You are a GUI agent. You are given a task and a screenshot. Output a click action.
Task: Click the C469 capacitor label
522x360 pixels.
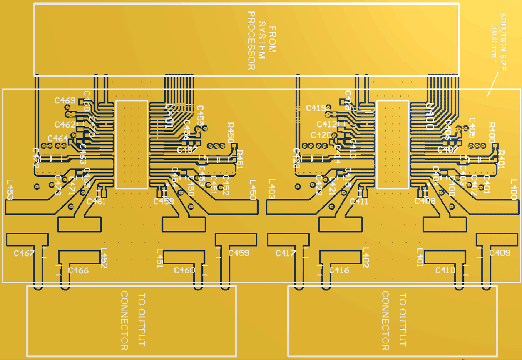(x=65, y=101)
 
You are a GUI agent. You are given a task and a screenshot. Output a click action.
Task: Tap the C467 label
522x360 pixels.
(x=24, y=253)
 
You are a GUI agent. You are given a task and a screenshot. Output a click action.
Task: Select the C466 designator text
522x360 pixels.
(x=78, y=270)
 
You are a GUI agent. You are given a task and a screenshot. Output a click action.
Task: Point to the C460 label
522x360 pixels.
(x=184, y=270)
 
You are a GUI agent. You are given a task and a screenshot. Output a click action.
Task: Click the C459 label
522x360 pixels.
(x=239, y=253)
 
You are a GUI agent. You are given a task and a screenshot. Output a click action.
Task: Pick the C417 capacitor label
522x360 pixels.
(x=286, y=253)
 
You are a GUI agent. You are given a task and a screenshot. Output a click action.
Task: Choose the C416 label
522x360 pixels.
(x=339, y=270)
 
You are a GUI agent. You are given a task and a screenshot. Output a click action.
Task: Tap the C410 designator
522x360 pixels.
(x=445, y=270)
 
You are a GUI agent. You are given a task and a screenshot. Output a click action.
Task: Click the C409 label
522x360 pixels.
(x=500, y=253)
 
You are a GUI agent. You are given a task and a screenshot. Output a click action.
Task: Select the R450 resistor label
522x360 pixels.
(x=230, y=132)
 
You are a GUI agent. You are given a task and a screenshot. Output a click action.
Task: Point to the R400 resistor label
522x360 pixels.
(x=492, y=132)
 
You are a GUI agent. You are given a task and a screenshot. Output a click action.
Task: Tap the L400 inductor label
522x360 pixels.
(x=514, y=190)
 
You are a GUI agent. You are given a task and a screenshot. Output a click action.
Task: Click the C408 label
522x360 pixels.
(x=425, y=201)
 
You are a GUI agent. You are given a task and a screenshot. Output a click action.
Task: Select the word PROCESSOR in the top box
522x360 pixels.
(x=251, y=40)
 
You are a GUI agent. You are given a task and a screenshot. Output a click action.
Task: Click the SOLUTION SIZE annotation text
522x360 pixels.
(x=503, y=42)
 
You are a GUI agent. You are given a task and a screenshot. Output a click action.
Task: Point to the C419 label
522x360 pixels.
(x=316, y=108)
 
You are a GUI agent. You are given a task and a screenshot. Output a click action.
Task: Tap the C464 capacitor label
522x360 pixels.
(x=58, y=138)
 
